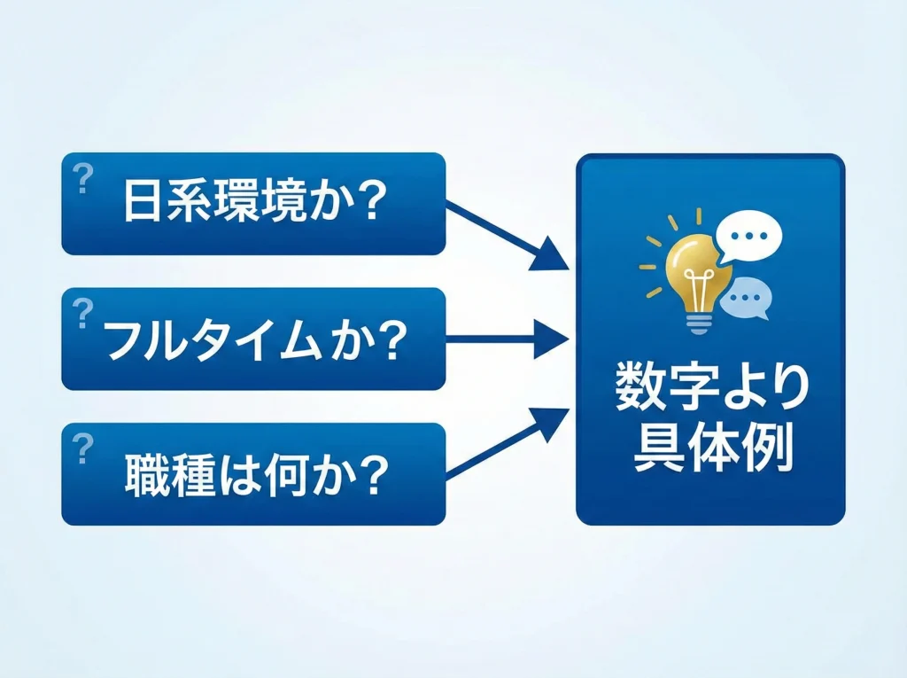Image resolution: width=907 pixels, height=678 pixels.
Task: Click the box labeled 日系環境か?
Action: pyautogui.click(x=252, y=204)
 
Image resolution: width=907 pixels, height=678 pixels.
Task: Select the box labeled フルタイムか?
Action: pyautogui.click(x=252, y=339)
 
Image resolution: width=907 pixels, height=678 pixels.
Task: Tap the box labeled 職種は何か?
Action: pyautogui.click(x=252, y=474)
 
